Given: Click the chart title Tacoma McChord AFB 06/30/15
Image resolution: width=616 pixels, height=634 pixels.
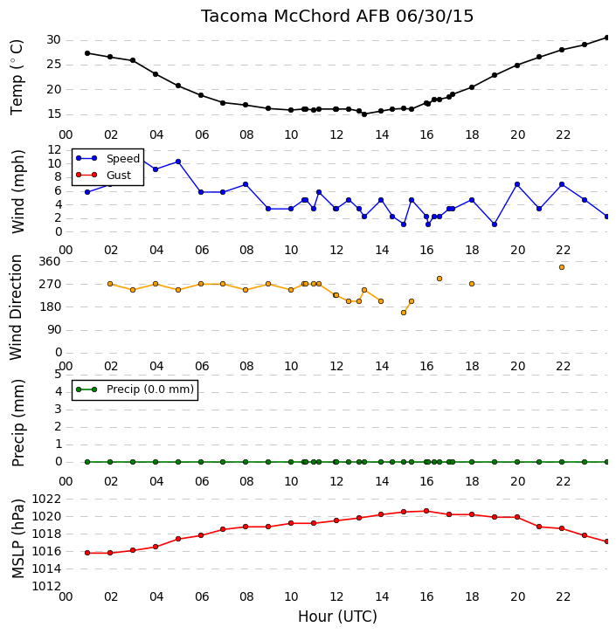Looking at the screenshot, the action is pyautogui.click(x=337, y=17).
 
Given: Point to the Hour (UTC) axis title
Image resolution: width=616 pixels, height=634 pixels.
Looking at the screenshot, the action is pyautogui.click(x=337, y=617).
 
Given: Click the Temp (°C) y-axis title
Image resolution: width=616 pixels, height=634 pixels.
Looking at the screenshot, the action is pyautogui.click(x=17, y=77).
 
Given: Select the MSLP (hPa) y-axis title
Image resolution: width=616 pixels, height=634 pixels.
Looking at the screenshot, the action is pyautogui.click(x=17, y=539).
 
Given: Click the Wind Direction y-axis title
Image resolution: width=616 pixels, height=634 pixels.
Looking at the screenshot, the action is pyautogui.click(x=16, y=307).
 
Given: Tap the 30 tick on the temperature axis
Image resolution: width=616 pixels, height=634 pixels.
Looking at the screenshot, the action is pyautogui.click(x=53, y=40).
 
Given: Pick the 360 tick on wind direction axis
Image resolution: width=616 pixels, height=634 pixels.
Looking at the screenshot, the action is pyautogui.click(x=49, y=261).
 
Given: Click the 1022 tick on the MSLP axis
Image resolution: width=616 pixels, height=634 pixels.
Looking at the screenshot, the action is pyautogui.click(x=46, y=499).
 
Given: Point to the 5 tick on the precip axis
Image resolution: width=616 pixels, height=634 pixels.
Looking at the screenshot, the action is pyautogui.click(x=58, y=374).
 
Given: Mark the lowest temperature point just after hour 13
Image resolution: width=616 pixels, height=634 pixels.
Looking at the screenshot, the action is pyautogui.click(x=364, y=114).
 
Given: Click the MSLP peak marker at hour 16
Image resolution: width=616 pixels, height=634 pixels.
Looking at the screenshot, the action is pyautogui.click(x=426, y=511).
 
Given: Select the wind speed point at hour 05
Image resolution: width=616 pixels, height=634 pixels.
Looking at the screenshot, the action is pyautogui.click(x=178, y=162).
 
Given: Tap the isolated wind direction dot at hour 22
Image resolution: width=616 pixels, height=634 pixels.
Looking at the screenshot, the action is pyautogui.click(x=562, y=267).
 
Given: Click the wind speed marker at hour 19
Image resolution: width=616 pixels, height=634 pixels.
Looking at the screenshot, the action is pyautogui.click(x=495, y=224).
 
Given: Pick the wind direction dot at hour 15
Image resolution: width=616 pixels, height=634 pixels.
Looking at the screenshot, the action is pyautogui.click(x=404, y=313).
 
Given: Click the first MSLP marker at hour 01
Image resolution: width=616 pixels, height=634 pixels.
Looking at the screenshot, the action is pyautogui.click(x=87, y=553).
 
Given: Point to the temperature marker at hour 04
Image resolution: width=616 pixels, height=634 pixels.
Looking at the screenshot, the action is pyautogui.click(x=156, y=74).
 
